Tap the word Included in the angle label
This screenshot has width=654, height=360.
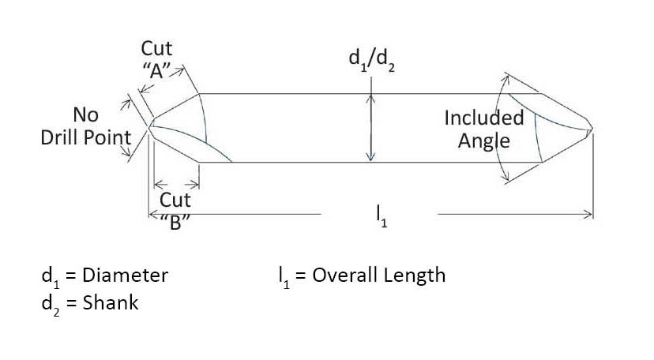point(483,118)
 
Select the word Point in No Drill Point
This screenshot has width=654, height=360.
point(110,137)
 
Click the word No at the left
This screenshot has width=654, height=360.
point(85,115)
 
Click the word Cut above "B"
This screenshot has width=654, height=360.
point(175,200)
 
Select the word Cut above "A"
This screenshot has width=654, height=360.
point(156,49)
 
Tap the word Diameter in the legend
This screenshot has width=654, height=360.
point(125,276)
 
